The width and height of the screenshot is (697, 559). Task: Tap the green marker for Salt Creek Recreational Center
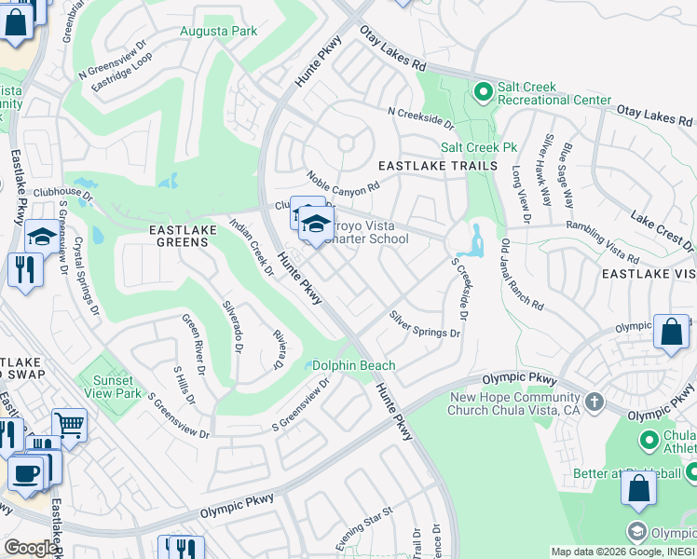[483, 92]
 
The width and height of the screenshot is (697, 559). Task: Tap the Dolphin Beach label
[353, 366]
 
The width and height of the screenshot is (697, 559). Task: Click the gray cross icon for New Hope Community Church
[594, 403]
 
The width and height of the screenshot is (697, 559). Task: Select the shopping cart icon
[69, 425]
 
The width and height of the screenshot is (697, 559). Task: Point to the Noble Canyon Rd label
[344, 181]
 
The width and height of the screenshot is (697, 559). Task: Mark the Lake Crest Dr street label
[662, 230]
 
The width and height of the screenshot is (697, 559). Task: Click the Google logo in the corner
[30, 548]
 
